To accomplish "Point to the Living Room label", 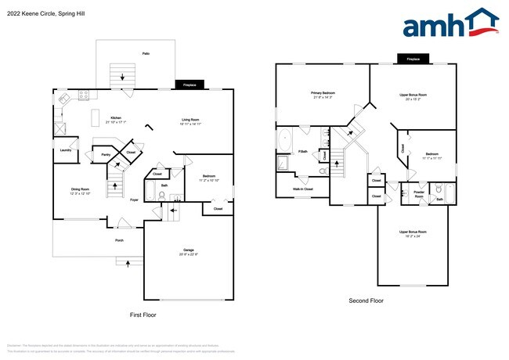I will (191, 120).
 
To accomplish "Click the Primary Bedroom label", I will (323, 93).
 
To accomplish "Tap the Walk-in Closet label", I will (303, 189).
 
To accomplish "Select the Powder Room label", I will (418, 195).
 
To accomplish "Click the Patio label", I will (146, 53).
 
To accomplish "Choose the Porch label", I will (119, 240).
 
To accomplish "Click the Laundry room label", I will (66, 150).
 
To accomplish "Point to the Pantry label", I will (106, 155).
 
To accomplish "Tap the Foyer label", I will (135, 200).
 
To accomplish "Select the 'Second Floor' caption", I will (366, 300).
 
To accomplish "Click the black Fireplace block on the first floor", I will (190, 85).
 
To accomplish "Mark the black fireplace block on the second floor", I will (413, 59).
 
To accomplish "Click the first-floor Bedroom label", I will (210, 178).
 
